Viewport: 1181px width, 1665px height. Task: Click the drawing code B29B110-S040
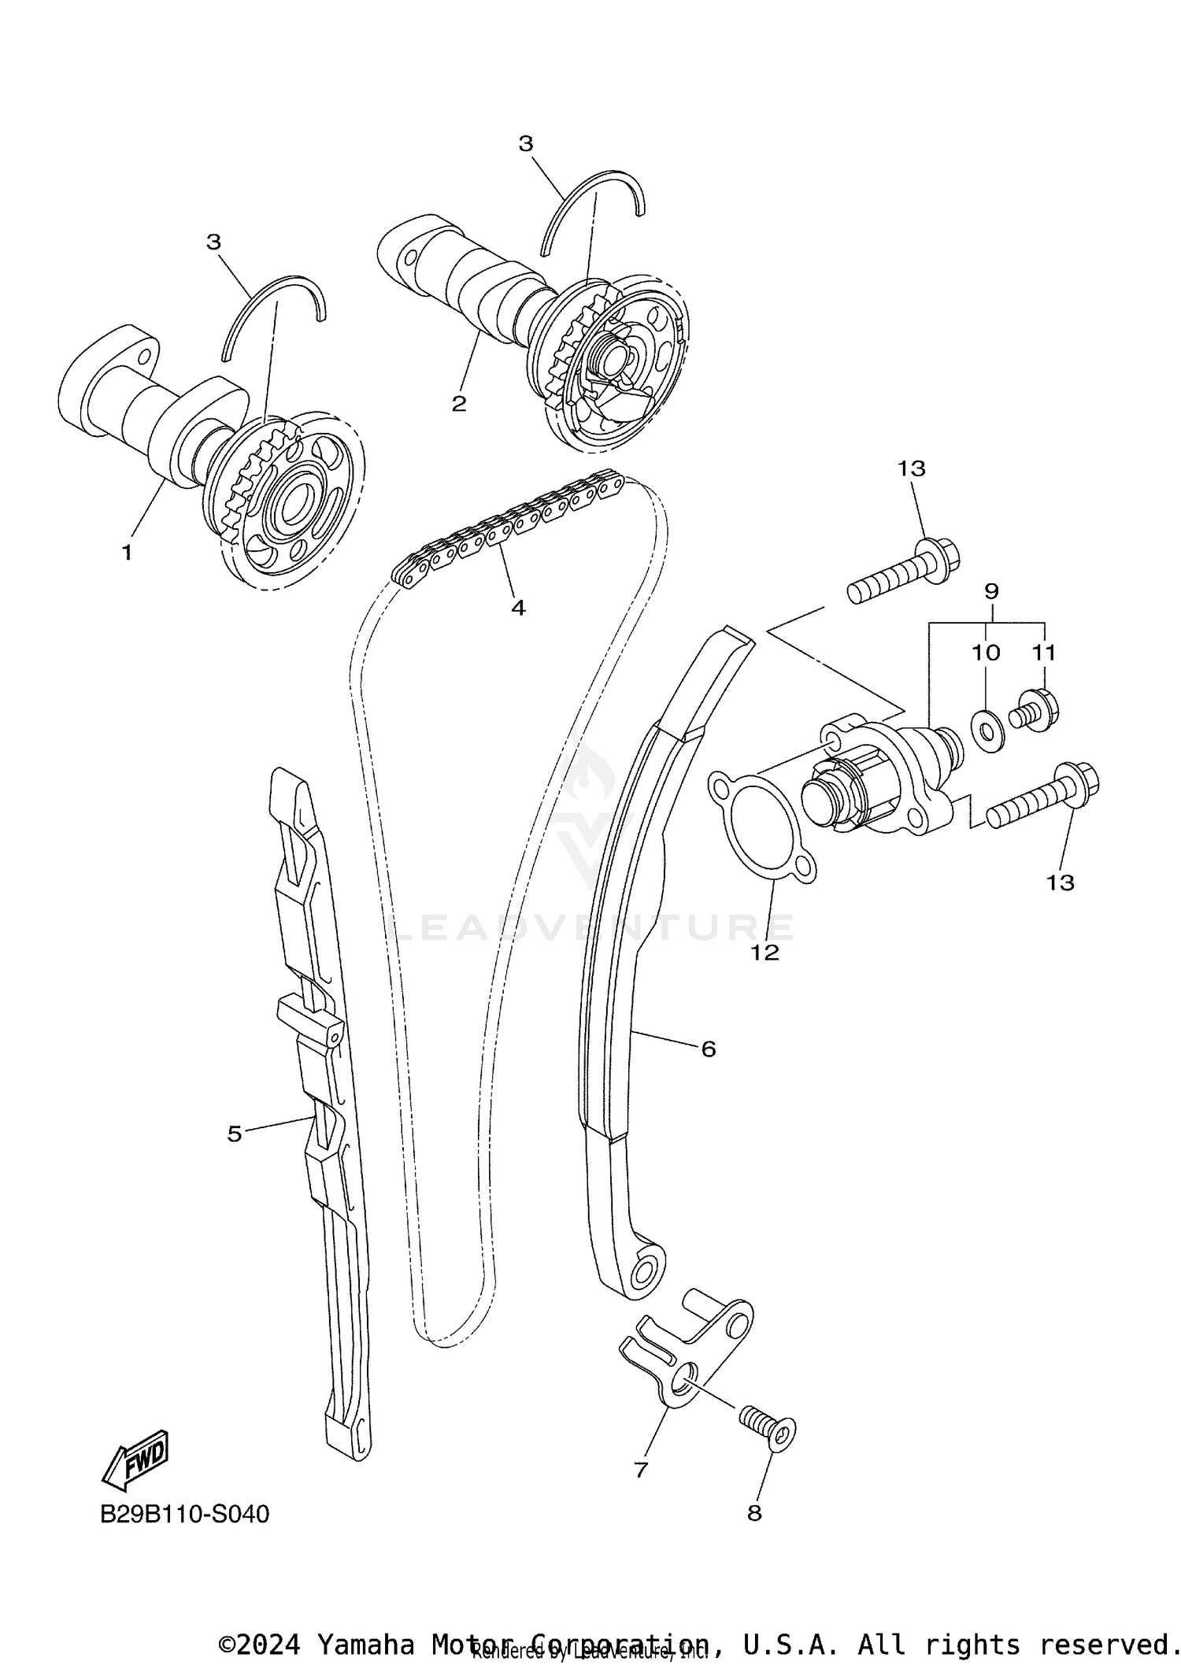[x=184, y=1514]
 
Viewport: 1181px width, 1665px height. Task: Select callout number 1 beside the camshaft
[x=127, y=553]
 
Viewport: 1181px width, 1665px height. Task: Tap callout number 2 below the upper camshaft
[x=459, y=404]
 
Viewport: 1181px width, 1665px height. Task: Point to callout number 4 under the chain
[x=518, y=607]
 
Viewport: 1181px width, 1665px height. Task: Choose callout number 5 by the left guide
[x=234, y=1134]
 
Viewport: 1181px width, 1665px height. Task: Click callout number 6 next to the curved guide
[x=708, y=1049]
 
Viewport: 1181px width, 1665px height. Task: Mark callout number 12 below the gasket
[x=765, y=953]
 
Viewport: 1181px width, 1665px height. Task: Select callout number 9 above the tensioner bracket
[x=991, y=590]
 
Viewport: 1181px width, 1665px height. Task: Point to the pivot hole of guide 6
[x=644, y=1269]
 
